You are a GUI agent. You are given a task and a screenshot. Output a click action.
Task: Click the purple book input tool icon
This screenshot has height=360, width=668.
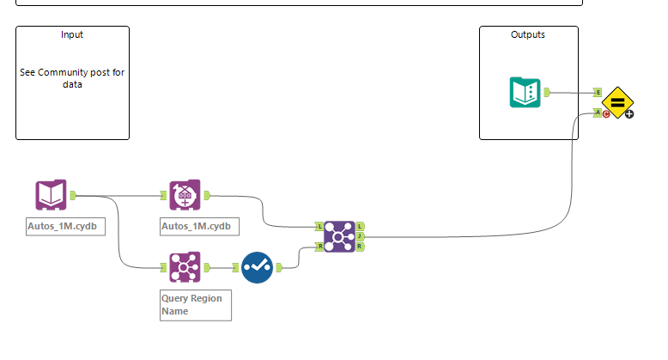pyautogui.click(x=51, y=195)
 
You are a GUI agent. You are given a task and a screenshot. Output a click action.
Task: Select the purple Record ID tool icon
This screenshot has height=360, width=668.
pyautogui.click(x=185, y=195)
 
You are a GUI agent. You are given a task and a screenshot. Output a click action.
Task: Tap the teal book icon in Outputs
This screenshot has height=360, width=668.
pyautogui.click(x=525, y=92)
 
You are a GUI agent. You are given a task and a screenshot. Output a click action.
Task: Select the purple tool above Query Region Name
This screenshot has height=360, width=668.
pyautogui.click(x=185, y=267)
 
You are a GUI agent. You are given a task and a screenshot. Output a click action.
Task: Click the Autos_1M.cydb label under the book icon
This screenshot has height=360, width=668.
pyautogui.click(x=66, y=227)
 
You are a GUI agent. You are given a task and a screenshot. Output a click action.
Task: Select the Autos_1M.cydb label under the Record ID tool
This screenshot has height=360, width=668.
pyautogui.click(x=200, y=227)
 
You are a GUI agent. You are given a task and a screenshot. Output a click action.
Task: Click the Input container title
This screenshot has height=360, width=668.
pyautogui.click(x=72, y=35)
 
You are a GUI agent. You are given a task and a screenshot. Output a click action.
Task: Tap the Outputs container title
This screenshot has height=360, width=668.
pyautogui.click(x=528, y=35)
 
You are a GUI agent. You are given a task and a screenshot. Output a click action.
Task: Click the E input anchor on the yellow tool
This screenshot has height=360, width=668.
pyautogui.click(x=598, y=93)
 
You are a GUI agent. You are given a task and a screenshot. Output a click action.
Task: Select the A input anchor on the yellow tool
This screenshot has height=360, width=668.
pyautogui.click(x=598, y=112)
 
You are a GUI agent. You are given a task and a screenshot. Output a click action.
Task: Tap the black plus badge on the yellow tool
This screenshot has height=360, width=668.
pyautogui.click(x=629, y=114)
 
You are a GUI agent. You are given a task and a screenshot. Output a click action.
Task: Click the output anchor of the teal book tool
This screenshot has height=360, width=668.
pyautogui.click(x=547, y=92)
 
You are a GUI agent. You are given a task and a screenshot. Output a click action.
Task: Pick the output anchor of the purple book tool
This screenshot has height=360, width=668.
pyautogui.click(x=73, y=195)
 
